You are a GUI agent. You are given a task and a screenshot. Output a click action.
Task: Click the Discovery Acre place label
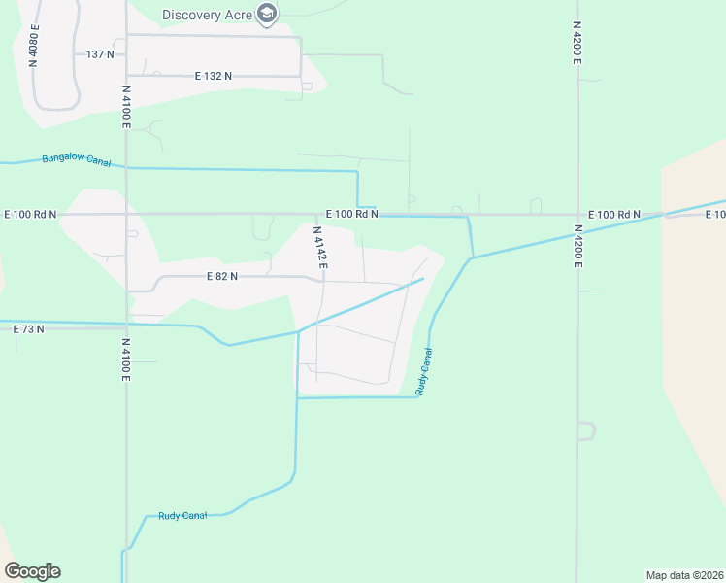(207, 14)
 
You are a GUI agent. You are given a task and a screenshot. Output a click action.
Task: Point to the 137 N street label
(100, 54)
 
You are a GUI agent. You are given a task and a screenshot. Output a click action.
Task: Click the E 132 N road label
(214, 76)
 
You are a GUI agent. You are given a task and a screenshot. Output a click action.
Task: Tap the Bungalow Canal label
(76, 160)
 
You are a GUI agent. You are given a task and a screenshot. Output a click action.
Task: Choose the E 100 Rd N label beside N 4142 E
(351, 214)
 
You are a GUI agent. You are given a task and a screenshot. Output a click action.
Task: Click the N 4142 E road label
(319, 248)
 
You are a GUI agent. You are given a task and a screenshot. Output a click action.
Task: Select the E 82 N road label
(222, 276)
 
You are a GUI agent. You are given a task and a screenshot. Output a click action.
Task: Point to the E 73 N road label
(29, 329)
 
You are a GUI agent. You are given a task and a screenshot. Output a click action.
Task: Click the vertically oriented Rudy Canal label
(423, 372)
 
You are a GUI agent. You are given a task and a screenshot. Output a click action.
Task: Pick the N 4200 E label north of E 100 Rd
(577, 44)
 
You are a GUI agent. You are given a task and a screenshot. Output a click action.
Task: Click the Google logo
(32, 571)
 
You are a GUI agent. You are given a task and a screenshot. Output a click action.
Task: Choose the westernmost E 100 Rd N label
(30, 214)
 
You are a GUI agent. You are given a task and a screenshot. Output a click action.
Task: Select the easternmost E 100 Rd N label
(615, 214)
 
